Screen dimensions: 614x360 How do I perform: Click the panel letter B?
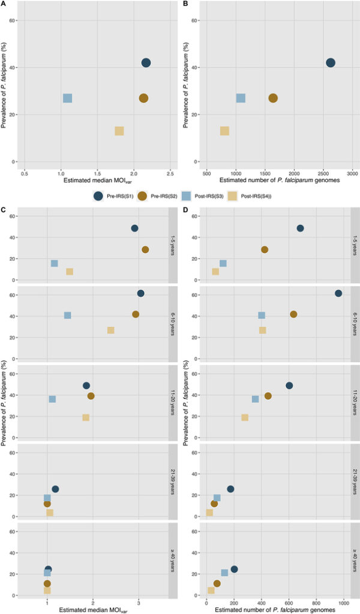[x=185, y=4]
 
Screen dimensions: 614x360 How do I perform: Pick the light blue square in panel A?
[x=67, y=98]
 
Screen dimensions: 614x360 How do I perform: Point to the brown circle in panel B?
[x=273, y=98]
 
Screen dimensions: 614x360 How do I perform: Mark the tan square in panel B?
[x=224, y=131]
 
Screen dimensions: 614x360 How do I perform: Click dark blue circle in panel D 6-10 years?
[x=338, y=293]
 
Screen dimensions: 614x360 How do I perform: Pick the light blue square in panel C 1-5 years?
[x=54, y=263]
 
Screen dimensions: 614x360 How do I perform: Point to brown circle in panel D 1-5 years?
[x=264, y=249]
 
